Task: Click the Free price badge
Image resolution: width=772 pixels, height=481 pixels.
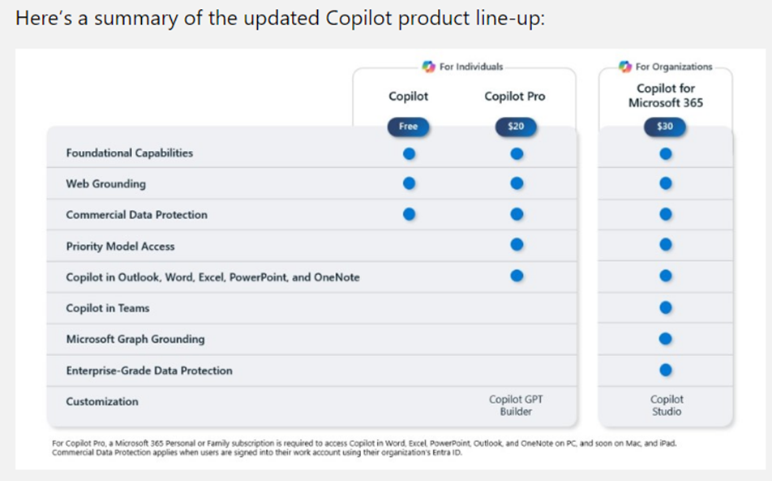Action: tap(409, 127)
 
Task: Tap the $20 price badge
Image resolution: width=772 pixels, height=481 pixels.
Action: tap(516, 127)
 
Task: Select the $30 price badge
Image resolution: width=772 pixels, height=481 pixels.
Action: tap(665, 127)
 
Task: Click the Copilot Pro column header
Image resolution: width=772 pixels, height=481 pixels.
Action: tap(515, 97)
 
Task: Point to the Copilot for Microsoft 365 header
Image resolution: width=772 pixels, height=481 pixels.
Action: tap(665, 96)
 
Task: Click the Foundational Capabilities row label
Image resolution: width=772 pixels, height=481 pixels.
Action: tap(130, 153)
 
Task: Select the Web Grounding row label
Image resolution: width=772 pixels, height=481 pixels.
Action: tap(106, 184)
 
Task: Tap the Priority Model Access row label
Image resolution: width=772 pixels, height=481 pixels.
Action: tap(120, 247)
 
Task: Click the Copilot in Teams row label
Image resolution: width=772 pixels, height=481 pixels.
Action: tap(108, 308)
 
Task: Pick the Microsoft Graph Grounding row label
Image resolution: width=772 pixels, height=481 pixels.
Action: tap(135, 339)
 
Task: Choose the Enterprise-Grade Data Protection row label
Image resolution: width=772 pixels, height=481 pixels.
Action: tap(149, 371)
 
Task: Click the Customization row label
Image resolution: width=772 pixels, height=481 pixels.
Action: tap(102, 402)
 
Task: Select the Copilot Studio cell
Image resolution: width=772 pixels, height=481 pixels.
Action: tap(666, 406)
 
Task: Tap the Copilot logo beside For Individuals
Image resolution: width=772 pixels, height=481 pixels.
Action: tap(428, 67)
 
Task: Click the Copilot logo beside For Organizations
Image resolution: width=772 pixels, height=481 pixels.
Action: tap(624, 67)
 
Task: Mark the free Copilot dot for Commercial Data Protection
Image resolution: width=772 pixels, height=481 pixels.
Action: tap(410, 214)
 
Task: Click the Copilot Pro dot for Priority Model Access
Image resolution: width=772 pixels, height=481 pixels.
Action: tap(517, 245)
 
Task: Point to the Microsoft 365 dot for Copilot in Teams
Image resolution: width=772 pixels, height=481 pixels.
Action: tap(666, 307)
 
